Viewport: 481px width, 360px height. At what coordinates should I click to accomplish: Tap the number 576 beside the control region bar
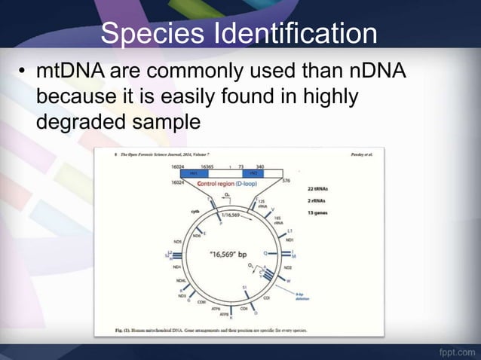click(286, 181)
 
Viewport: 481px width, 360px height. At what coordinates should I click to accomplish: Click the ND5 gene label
click(178, 242)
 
